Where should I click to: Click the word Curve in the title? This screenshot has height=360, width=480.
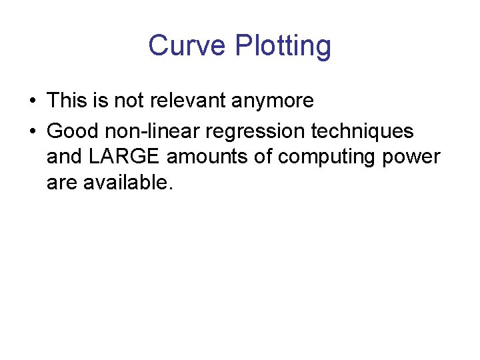(x=187, y=45)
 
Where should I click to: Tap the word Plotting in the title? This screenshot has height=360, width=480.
(x=283, y=47)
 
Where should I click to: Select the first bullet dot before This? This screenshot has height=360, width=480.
(x=33, y=101)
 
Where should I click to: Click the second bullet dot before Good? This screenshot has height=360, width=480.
(x=33, y=131)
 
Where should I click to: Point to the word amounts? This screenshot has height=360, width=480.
(x=211, y=157)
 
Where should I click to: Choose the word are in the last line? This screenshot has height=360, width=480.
(x=61, y=183)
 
